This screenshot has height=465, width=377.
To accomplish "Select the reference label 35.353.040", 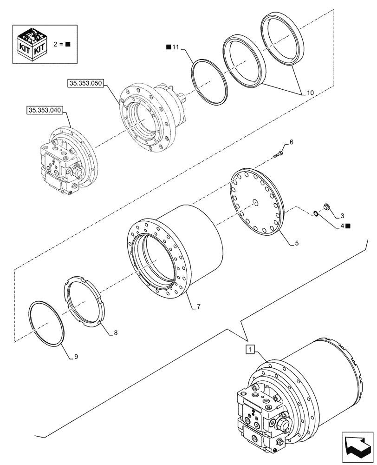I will [x=45, y=110].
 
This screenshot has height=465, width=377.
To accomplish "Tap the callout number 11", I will [x=175, y=47].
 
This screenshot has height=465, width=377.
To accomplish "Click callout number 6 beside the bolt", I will [x=291, y=142].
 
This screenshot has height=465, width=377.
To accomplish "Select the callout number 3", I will [x=342, y=216].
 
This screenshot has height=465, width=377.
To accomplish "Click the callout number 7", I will [x=198, y=307].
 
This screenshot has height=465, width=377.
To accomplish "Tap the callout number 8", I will [x=115, y=333].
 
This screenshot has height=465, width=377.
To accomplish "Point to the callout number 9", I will [x=76, y=357].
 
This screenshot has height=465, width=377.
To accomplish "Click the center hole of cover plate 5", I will [x=255, y=201].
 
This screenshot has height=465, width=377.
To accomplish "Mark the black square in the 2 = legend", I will [x=68, y=45].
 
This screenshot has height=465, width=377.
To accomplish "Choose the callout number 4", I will [x=342, y=226].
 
